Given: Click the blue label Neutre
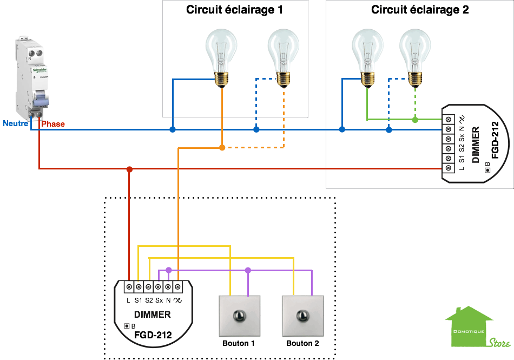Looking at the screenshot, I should tap(16, 123).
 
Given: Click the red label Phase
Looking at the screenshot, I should tap(52, 124).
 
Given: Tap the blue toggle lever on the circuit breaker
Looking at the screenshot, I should tap(41, 100).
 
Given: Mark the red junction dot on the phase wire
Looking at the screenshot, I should tap(129, 169).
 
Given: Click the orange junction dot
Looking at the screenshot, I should tap(222, 147).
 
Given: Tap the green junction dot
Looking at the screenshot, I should tap(415, 120).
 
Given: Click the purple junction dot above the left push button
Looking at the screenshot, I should tap(248, 270).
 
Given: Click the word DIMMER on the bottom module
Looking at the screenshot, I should tap(153, 315).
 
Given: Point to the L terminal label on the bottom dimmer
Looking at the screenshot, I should tap(128, 300).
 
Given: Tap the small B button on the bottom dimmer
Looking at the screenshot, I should tap(128, 326).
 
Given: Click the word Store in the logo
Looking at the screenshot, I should tap(498, 342).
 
